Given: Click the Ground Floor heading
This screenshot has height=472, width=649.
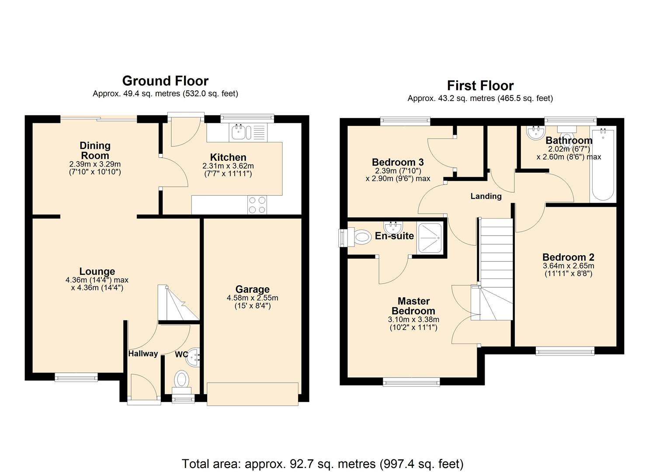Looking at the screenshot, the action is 165,81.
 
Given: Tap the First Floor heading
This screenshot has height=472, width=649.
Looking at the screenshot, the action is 480,86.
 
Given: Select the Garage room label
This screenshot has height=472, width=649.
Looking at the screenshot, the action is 252,289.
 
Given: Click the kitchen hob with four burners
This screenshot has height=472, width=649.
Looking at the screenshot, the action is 257,205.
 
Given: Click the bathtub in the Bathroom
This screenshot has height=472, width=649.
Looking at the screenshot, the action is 603,165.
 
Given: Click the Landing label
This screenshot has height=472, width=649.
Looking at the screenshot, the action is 486,196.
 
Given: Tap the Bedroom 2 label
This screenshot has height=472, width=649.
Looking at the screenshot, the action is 568,257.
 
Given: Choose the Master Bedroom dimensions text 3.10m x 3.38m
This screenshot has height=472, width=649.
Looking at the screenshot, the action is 413,319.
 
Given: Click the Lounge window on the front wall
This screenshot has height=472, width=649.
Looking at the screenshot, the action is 76,377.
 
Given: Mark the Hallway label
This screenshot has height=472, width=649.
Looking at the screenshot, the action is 143,354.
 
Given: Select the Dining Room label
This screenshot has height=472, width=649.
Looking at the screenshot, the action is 95,150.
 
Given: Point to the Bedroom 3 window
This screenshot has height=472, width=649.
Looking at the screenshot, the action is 405,121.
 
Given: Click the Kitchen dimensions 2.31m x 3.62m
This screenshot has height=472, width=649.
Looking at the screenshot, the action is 228,167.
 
